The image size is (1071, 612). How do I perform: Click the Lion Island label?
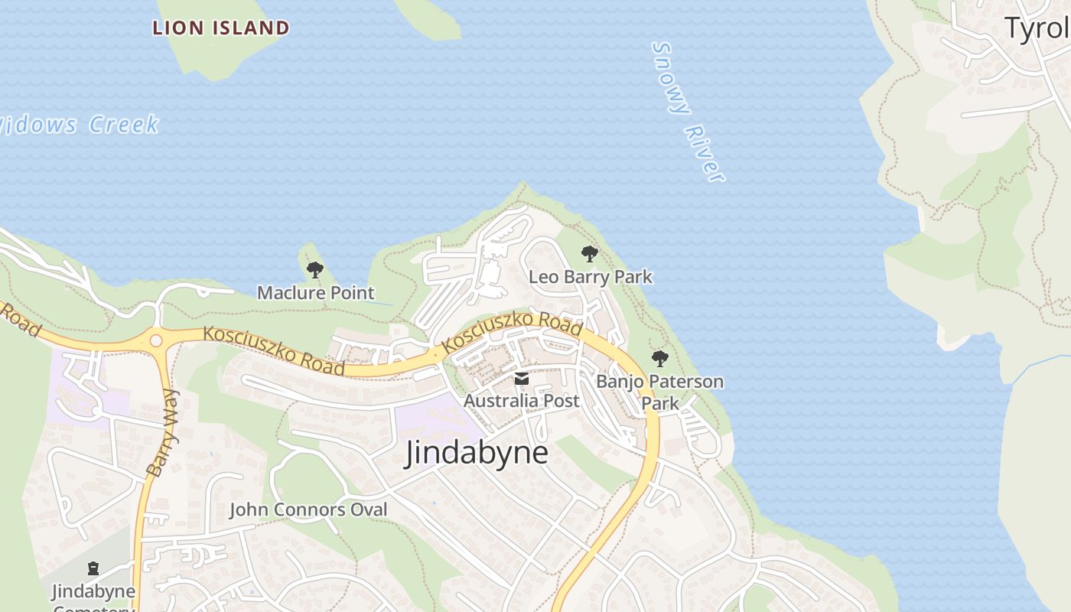220,29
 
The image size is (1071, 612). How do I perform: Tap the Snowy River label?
687,112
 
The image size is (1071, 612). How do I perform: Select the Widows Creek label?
76,125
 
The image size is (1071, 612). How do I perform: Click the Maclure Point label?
315,292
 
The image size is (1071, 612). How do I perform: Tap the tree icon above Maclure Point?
314,269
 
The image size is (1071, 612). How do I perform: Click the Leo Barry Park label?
591,276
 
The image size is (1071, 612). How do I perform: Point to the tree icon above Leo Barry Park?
589,253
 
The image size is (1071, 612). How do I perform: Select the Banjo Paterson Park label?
659,391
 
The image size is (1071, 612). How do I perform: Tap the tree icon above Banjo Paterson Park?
659,358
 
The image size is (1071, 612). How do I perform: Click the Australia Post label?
521,400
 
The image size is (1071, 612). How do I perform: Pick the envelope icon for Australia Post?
521,379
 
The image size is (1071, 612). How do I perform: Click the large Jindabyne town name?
477,452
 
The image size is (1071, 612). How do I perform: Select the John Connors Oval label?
308,509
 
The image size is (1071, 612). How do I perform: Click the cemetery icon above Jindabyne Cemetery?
93,568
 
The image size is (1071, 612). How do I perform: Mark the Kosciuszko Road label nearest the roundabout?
273,350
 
